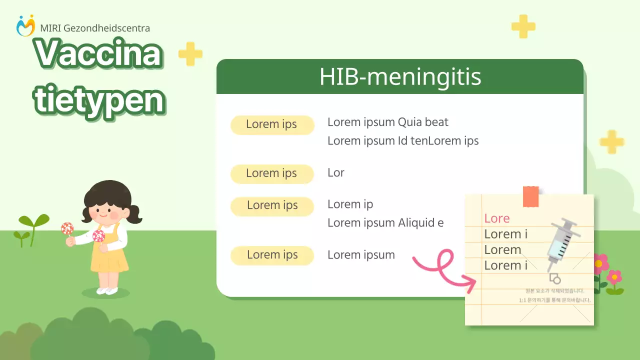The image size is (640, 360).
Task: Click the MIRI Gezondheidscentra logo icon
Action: click(25, 25)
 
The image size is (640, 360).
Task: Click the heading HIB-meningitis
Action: click(400, 77)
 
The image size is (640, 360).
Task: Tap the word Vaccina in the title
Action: click(98, 53)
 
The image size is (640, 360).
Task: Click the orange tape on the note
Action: click(530, 196)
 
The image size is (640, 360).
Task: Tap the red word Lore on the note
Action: click(496, 218)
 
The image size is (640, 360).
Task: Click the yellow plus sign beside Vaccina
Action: click(190, 54)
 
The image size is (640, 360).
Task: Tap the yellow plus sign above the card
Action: click(523, 26)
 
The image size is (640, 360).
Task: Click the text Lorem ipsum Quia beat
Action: click(387, 122)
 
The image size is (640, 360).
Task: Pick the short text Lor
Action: click(335, 173)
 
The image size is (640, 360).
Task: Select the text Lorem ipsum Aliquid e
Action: click(385, 223)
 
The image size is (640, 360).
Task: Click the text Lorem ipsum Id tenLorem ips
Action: click(402, 141)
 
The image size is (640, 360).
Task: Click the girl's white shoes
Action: click(107, 290)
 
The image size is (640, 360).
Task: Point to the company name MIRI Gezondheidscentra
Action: click(94, 28)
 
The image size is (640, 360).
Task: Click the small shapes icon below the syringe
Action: click(554, 278)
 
